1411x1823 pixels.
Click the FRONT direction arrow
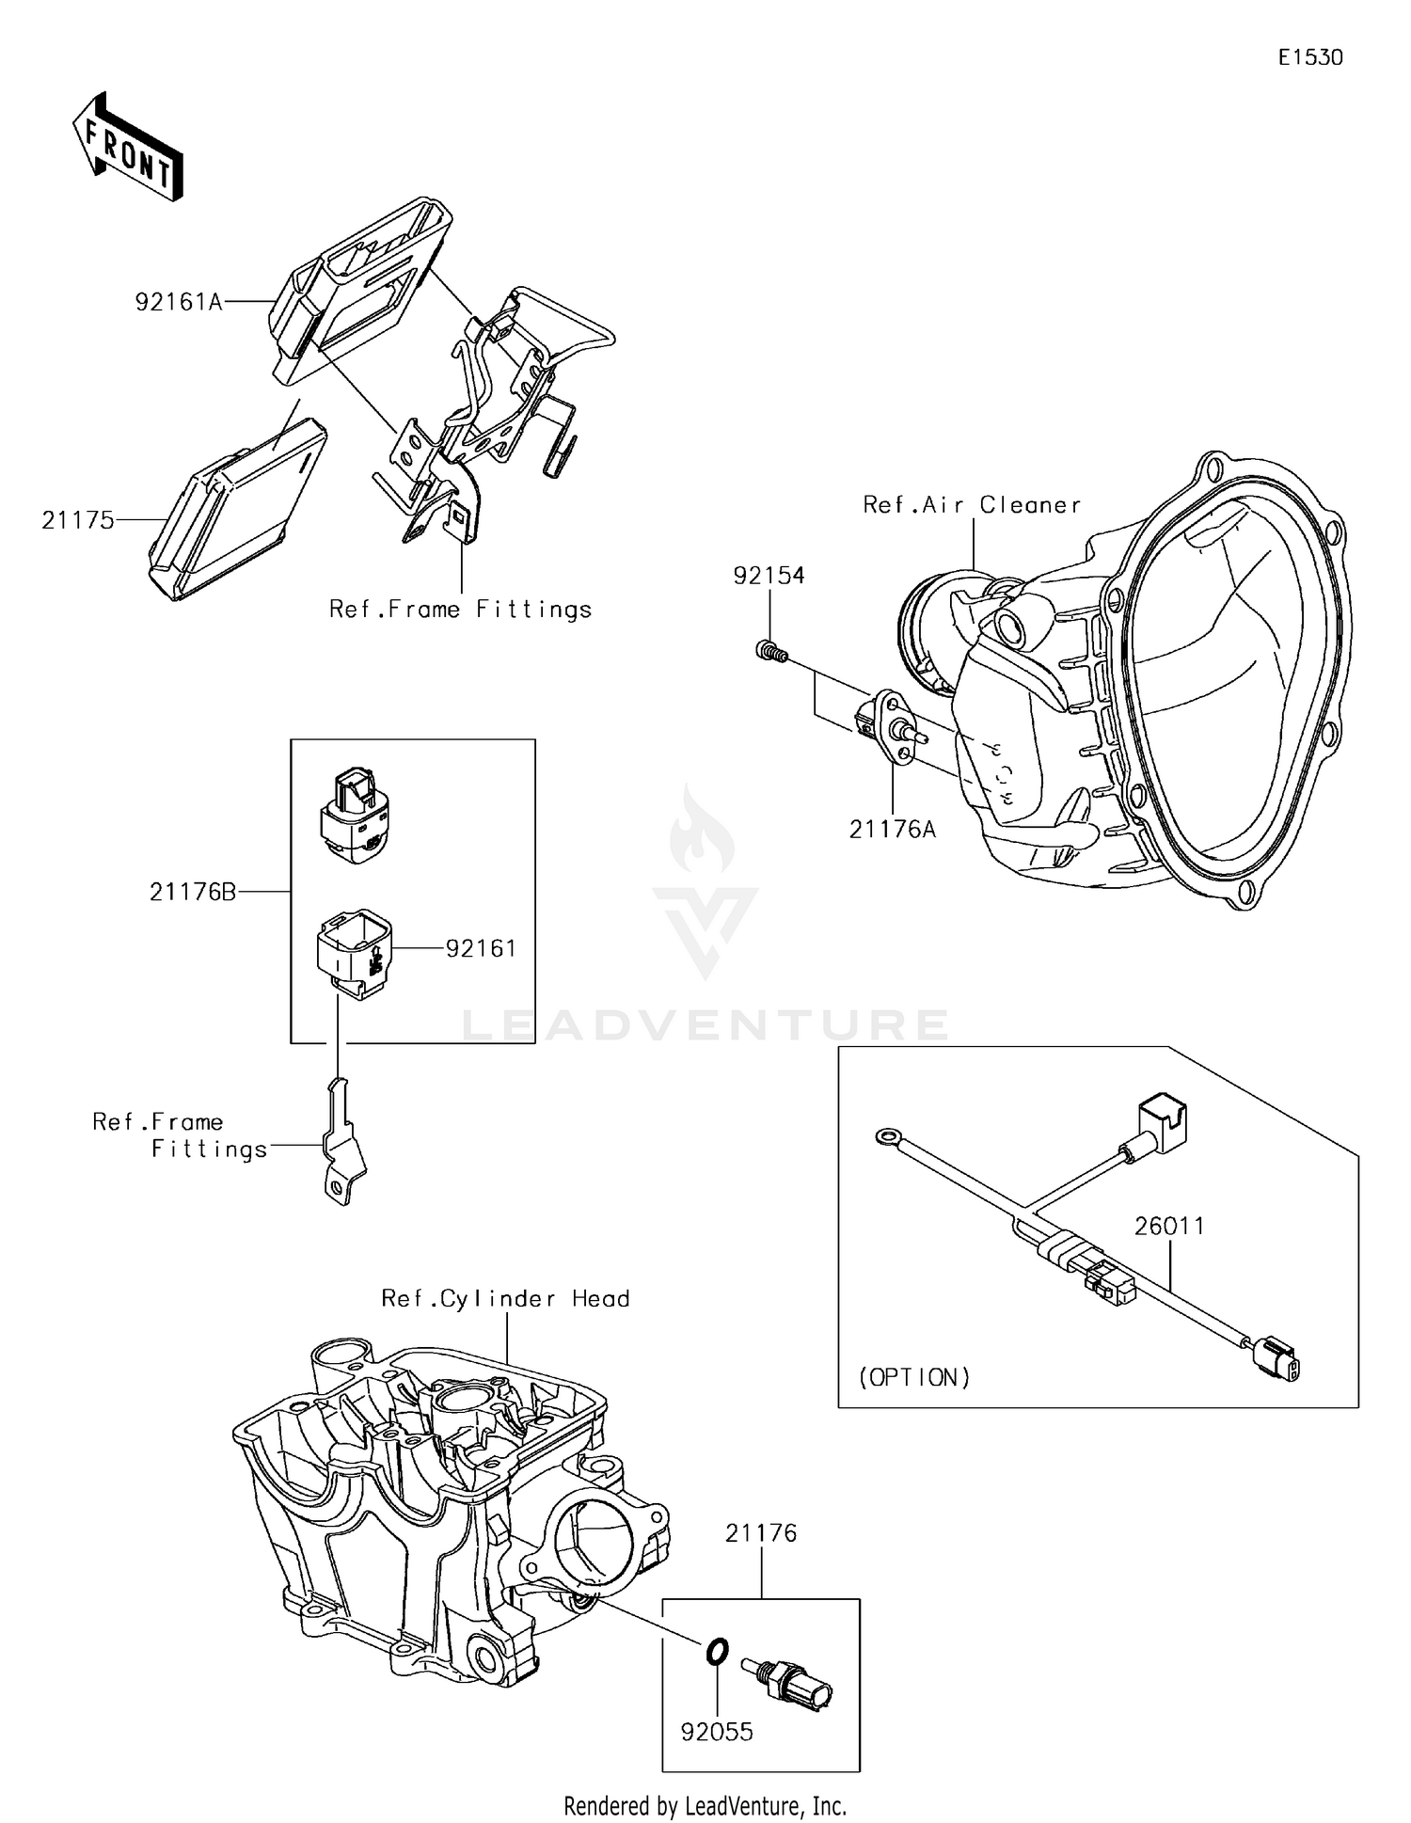(x=128, y=148)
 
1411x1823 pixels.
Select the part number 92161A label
(x=179, y=302)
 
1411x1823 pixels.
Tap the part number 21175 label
(x=77, y=520)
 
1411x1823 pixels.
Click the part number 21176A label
(x=892, y=830)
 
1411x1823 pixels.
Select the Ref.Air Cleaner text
(x=972, y=505)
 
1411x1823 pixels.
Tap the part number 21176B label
(x=193, y=892)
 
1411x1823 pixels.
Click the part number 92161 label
(x=481, y=948)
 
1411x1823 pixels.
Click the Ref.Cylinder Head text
(x=505, y=1299)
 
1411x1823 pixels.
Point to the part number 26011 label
(x=1168, y=1226)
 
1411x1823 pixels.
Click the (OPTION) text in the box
(x=914, y=1377)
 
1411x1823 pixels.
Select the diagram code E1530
(x=1309, y=57)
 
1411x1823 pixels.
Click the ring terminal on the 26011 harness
(x=886, y=1137)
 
